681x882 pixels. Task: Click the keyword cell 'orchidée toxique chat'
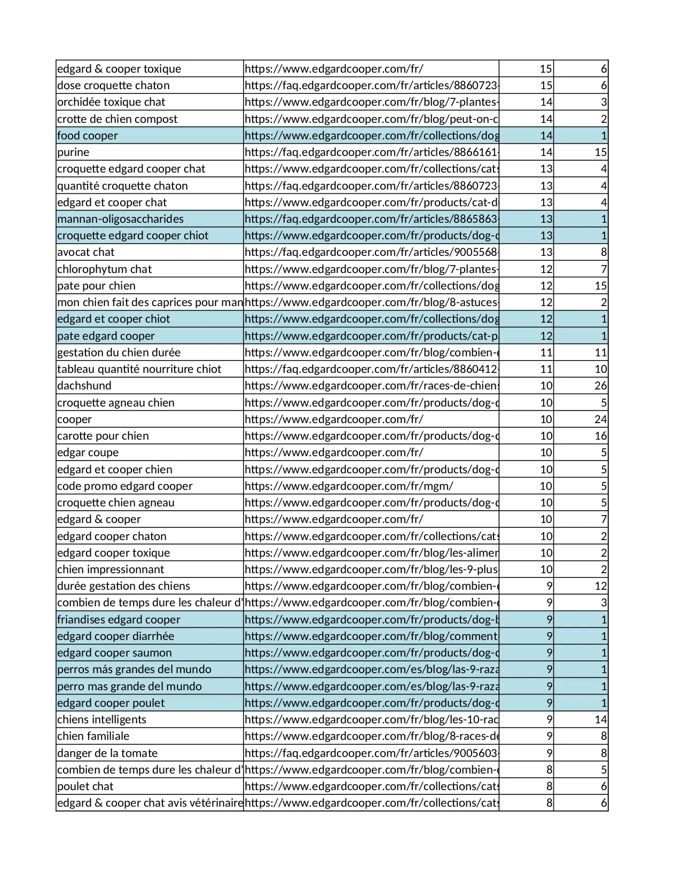pyautogui.click(x=111, y=102)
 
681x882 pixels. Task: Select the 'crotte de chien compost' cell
pyautogui.click(x=117, y=119)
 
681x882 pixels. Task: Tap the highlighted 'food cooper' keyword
pyautogui.click(x=88, y=136)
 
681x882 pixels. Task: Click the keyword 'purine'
pyautogui.click(x=73, y=152)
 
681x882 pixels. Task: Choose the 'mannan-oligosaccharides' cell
pyautogui.click(x=120, y=219)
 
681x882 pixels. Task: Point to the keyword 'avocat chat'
pyautogui.click(x=86, y=252)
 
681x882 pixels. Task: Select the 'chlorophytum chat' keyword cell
pyautogui.click(x=104, y=269)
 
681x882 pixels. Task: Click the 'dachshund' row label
pyautogui.click(x=84, y=386)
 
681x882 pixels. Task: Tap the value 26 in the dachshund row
pyautogui.click(x=600, y=386)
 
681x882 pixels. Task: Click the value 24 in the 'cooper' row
pyautogui.click(x=600, y=419)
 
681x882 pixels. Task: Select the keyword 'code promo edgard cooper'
pyautogui.click(x=124, y=486)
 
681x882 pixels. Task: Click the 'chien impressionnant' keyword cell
pyautogui.click(x=111, y=569)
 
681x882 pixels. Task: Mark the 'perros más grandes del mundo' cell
pyautogui.click(x=134, y=669)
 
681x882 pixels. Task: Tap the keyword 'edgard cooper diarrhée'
pyautogui.click(x=115, y=636)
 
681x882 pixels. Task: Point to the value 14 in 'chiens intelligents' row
pyautogui.click(x=600, y=720)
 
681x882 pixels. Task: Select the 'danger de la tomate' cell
pyautogui.click(x=107, y=753)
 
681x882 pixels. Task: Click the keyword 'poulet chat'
pyautogui.click(x=85, y=786)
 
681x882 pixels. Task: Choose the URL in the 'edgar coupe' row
pyautogui.click(x=334, y=452)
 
